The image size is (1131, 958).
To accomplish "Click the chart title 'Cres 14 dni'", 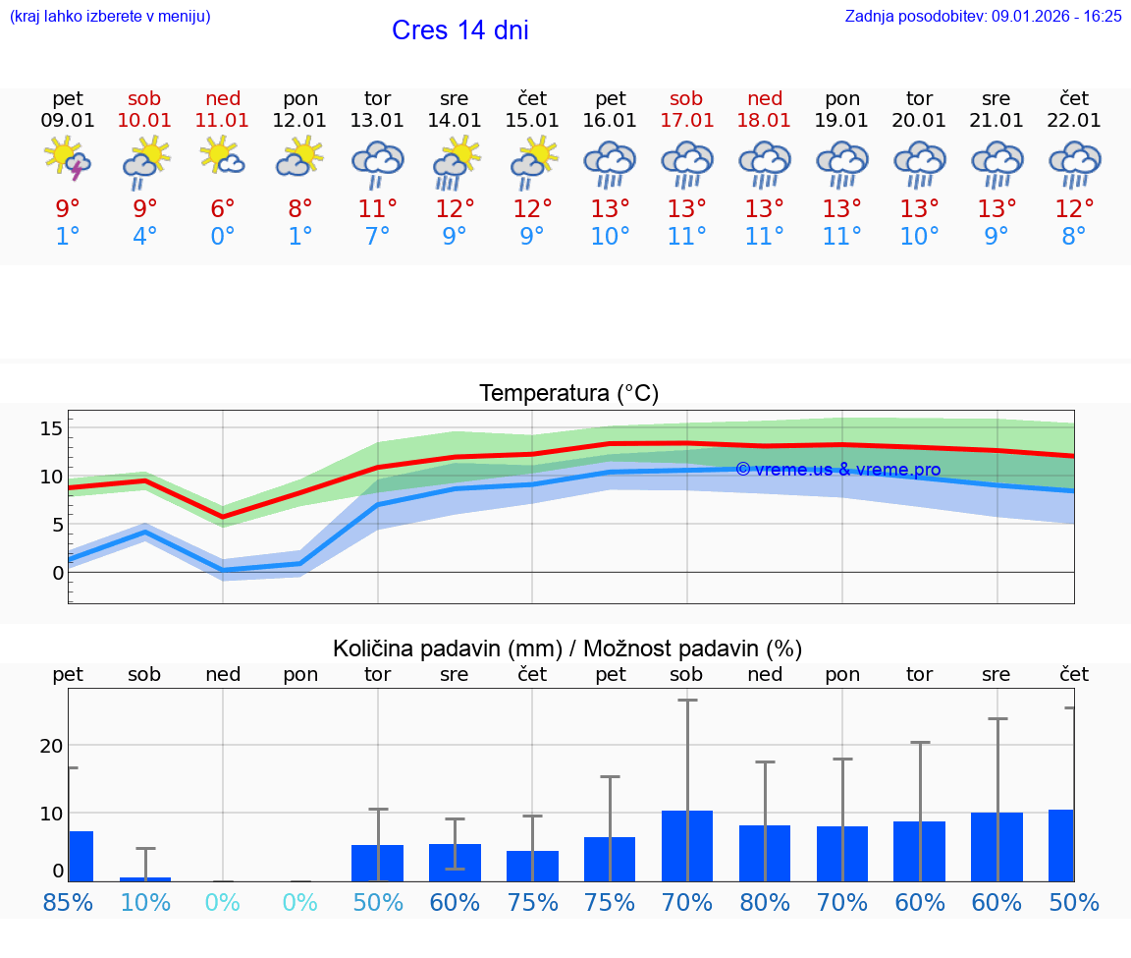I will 459,30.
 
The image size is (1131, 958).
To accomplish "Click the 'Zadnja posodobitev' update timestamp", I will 983,16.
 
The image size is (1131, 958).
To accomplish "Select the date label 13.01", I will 378,120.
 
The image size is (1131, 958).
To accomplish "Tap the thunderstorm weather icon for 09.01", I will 68,159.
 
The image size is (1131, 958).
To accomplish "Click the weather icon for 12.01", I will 300,159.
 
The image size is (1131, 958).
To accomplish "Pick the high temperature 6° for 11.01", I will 223,208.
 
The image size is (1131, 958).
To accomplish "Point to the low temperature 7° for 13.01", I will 378,236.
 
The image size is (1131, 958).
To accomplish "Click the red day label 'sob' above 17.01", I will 686,98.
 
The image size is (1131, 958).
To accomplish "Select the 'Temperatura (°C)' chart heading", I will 568,393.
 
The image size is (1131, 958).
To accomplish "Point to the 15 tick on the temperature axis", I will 51,428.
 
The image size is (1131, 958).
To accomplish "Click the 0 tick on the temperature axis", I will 58,572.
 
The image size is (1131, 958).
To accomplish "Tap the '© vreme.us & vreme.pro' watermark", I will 837,470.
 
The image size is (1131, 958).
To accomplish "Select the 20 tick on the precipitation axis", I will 51,746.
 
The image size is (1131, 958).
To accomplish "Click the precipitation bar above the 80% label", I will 765,853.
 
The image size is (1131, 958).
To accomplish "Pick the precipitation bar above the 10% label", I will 145,878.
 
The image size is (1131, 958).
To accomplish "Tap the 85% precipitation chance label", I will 68,903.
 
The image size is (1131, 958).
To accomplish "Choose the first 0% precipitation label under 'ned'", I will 223,903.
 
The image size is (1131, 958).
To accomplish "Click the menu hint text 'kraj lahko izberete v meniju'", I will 109,16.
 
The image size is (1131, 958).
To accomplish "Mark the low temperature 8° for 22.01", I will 1074,236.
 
